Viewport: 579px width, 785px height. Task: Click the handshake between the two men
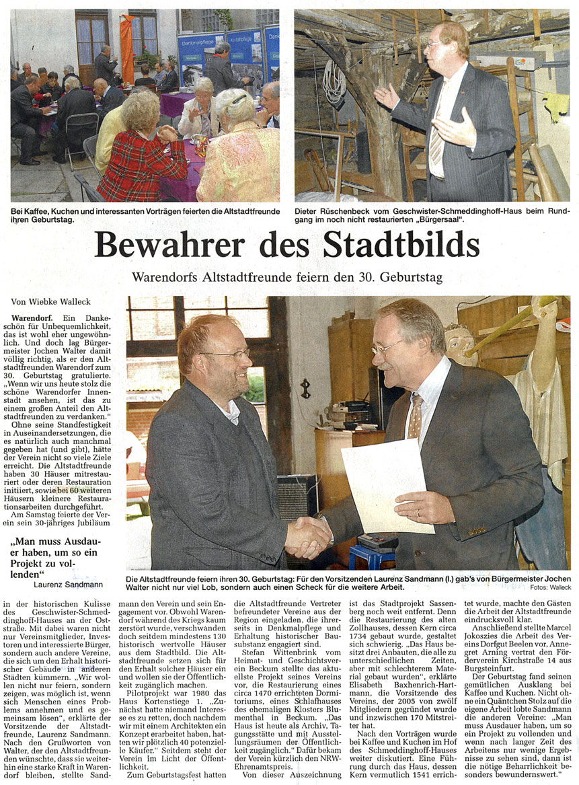pos(307,537)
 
